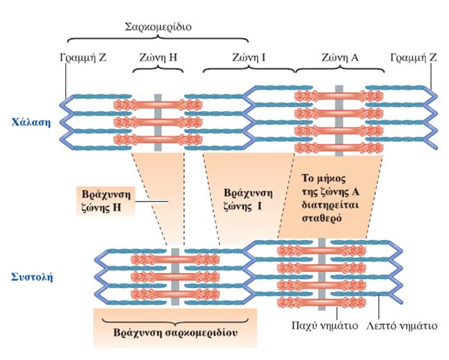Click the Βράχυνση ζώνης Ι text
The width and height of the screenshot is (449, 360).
245,200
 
